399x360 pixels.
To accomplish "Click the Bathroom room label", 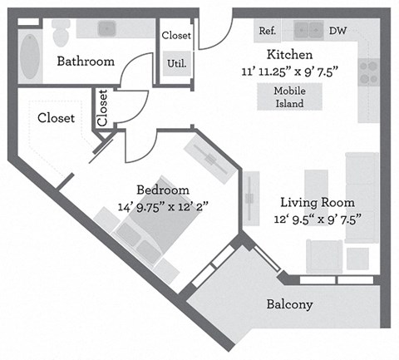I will pyautogui.click(x=85, y=62).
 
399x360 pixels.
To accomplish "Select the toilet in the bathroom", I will pyautogui.click(x=61, y=32).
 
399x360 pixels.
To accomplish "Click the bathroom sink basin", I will pyautogui.click(x=106, y=29).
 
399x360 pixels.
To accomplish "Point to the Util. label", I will pyautogui.click(x=175, y=62).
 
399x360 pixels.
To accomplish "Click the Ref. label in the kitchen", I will pyautogui.click(x=267, y=31).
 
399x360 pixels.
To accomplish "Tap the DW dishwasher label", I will pyautogui.click(x=337, y=31).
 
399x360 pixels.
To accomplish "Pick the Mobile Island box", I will pyautogui.click(x=289, y=97).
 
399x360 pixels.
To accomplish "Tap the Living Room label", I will pyautogui.click(x=317, y=202).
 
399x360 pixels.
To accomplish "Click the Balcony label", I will pyautogui.click(x=289, y=304).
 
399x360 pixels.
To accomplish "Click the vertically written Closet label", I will pyautogui.click(x=103, y=108).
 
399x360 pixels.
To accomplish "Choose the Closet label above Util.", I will pyautogui.click(x=176, y=36).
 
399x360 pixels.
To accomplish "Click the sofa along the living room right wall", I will pyautogui.click(x=362, y=197).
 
